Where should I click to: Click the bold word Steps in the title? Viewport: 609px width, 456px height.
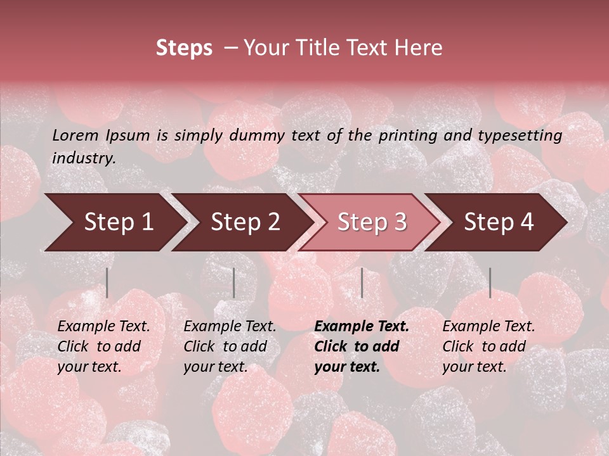click(x=184, y=48)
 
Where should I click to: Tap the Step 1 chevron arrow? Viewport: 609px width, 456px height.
click(x=114, y=222)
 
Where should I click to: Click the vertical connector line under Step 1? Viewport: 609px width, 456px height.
click(x=107, y=283)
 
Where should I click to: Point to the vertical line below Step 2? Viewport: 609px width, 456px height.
click(x=234, y=283)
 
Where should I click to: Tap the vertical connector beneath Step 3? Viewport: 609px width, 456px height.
click(x=362, y=283)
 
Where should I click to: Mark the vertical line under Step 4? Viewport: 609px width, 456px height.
click(x=490, y=283)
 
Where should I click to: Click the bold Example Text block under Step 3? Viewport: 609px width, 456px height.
click(x=362, y=346)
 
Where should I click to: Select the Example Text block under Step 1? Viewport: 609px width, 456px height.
click(x=103, y=346)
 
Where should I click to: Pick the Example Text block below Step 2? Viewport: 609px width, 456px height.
click(x=230, y=346)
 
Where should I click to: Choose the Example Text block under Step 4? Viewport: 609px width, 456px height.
click(x=488, y=346)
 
